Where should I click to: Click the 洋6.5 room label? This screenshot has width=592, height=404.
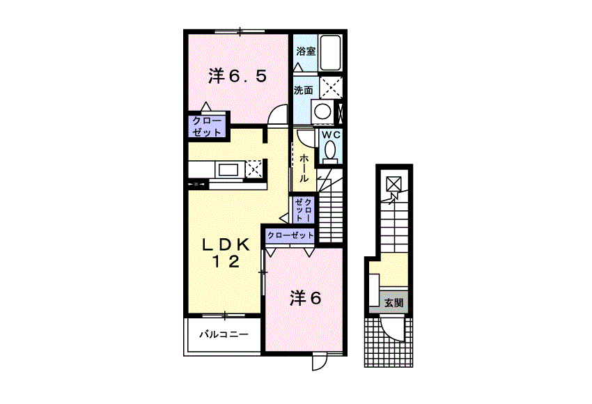(x=238, y=76)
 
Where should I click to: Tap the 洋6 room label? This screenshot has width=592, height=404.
(x=306, y=298)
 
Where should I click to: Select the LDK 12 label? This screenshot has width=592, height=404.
(x=226, y=253)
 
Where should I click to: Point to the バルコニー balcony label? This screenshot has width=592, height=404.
(x=224, y=334)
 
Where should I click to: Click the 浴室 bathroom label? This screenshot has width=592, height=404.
(x=306, y=51)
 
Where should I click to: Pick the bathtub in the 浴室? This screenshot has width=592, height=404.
(x=330, y=52)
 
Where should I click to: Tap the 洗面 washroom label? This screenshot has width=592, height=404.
(x=304, y=91)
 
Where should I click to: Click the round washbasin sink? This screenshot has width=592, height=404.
(x=323, y=111)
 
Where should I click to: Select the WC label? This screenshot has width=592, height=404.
(x=331, y=134)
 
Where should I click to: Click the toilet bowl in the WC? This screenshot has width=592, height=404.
(x=330, y=150)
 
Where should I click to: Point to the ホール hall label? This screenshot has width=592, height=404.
(x=304, y=168)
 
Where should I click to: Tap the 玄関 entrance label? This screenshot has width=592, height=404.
(x=394, y=303)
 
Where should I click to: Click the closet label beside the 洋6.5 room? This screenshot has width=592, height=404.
(x=207, y=127)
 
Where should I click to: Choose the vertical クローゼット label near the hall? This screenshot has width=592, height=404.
(x=304, y=209)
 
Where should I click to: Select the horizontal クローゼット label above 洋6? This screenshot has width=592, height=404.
(x=290, y=235)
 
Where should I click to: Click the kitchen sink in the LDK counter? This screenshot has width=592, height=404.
(x=229, y=169)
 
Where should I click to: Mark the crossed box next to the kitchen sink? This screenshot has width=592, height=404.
(x=254, y=169)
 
